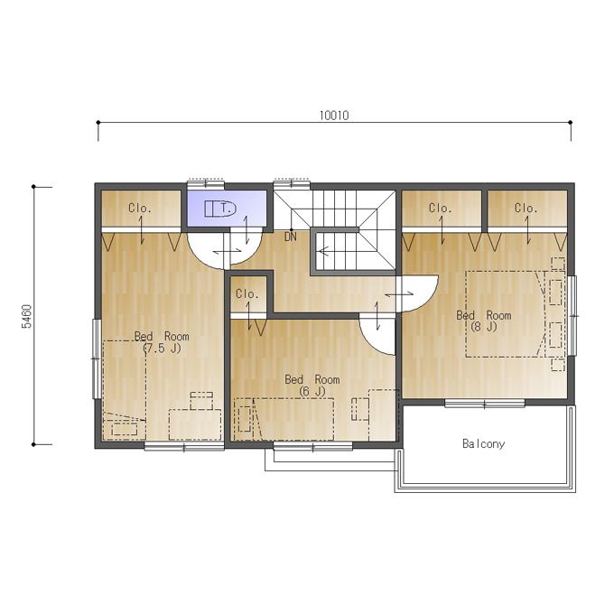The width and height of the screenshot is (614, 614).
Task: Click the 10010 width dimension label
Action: (334, 116)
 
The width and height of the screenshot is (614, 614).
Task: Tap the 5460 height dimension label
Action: (26, 316)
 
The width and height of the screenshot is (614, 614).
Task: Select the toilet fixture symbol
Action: (220, 209)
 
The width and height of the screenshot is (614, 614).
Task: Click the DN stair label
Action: (291, 237)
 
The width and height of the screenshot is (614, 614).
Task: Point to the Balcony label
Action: (484, 443)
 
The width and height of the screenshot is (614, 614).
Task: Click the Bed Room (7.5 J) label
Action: (162, 342)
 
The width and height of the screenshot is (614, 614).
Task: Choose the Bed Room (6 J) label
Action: (312, 386)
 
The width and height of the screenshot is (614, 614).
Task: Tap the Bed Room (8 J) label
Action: (484, 321)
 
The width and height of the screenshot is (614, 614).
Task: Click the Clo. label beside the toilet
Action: (140, 208)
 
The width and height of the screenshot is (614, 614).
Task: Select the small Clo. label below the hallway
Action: (247, 293)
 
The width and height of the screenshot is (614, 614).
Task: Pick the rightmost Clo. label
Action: (526, 208)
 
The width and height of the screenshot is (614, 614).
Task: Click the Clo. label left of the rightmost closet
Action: (440, 208)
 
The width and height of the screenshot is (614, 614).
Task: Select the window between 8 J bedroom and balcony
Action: (484, 404)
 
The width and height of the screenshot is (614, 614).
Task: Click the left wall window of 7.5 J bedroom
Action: (97, 358)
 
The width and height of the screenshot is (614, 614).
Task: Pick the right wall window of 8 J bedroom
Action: (572, 316)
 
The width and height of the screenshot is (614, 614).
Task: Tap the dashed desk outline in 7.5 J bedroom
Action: (195, 424)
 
